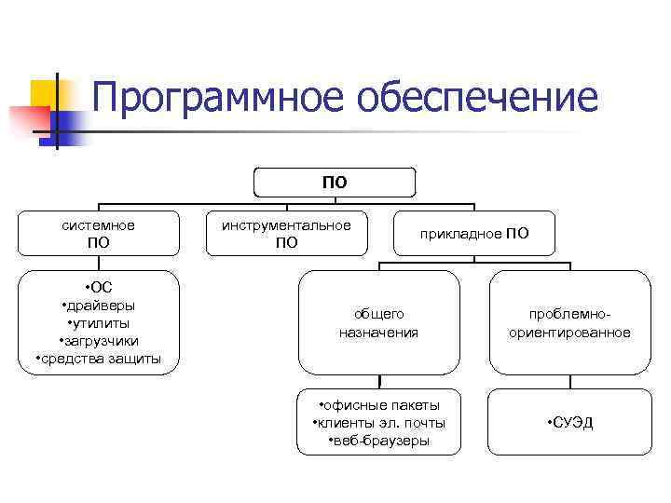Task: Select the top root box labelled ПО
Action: [x=335, y=183]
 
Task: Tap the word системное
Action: [x=98, y=225]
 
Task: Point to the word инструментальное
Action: [x=286, y=225]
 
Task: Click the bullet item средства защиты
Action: [x=98, y=359]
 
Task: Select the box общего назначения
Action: [x=378, y=322]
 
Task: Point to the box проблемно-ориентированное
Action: [x=569, y=322]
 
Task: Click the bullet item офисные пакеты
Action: [x=378, y=405]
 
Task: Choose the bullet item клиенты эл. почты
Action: [x=378, y=423]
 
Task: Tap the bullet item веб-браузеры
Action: [x=378, y=441]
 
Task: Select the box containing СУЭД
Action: [x=569, y=423]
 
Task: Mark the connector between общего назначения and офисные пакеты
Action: [x=380, y=381]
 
